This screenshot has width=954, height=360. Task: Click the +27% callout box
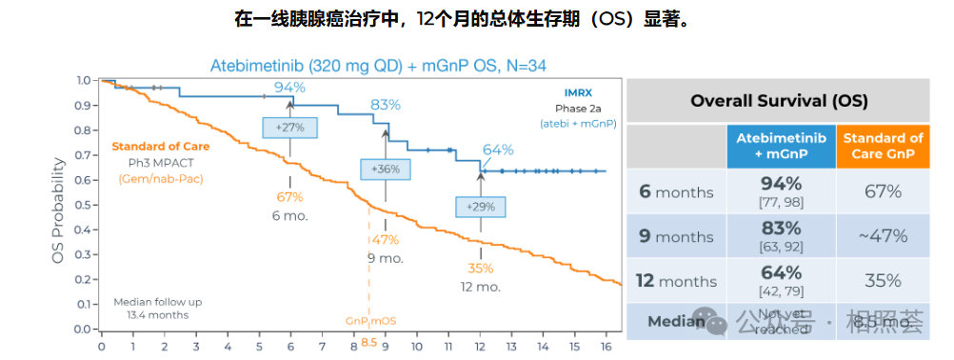[290, 127]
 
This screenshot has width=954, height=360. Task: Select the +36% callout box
[386, 169]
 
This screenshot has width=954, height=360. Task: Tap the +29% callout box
[482, 207]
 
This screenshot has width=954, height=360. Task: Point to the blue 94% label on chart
[289, 88]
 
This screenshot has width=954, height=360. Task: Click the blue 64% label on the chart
[498, 150]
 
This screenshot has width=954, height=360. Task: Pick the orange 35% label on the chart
[482, 268]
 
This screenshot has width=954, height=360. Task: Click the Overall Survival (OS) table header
[777, 100]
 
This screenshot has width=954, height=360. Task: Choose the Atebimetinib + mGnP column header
[780, 146]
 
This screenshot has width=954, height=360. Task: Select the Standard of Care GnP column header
[883, 146]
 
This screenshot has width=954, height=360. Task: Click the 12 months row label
[676, 281]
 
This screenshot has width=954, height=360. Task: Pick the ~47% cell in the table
[883, 236]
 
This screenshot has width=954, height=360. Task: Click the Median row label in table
[676, 322]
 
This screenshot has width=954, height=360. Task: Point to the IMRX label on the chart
[579, 93]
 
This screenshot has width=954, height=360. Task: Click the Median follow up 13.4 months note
[157, 308]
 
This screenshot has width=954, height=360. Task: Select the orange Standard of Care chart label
[160, 147]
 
